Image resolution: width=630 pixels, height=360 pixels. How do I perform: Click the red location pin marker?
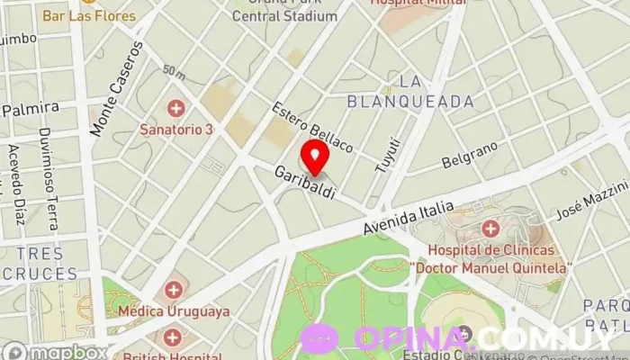click(x=315, y=155)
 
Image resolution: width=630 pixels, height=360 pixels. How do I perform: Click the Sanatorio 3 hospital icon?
click(x=175, y=110)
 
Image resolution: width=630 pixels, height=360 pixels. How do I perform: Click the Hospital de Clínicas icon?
click(x=490, y=229)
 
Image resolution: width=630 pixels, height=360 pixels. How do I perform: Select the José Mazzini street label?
click(x=591, y=202)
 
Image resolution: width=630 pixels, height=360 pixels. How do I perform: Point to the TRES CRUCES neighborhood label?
click(x=40, y=263)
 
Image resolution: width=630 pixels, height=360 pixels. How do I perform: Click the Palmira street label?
click(x=30, y=109)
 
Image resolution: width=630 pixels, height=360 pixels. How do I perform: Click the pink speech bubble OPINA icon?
click(x=319, y=338)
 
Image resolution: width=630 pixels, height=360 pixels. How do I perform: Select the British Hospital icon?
click(x=172, y=337)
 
